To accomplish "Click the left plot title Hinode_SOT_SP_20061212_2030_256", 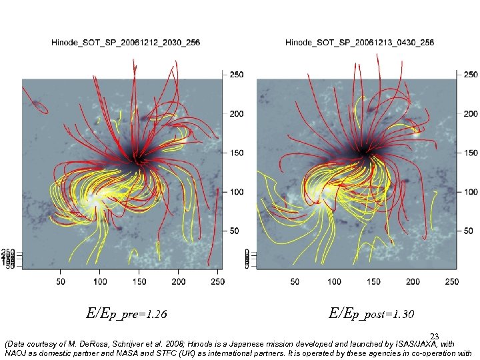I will click(125, 43).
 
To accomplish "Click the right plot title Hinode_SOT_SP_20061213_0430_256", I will click(359, 43).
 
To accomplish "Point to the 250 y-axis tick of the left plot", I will click(237, 75).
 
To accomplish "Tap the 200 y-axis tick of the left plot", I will click(237, 114).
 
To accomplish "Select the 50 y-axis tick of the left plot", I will click(235, 231).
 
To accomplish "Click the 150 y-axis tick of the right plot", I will click(471, 153).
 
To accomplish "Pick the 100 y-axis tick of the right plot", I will click(471, 192).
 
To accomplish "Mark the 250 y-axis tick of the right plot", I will click(471, 75).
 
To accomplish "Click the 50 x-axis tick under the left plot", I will click(61, 282).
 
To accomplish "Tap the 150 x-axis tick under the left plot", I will click(139, 282).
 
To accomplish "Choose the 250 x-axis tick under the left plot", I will click(217, 282).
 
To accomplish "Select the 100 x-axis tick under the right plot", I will click(335, 282).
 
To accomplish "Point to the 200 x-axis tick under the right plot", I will click(413, 282).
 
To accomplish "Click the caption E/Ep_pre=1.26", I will click(127, 313).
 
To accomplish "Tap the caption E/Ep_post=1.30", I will click(371, 313).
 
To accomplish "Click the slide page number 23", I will click(435, 337).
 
